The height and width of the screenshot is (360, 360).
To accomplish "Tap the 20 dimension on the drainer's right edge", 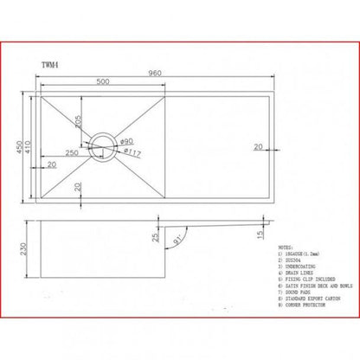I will click(x=257, y=148).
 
